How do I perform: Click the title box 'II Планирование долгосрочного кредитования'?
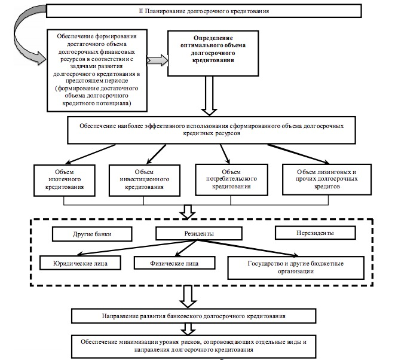[204, 11]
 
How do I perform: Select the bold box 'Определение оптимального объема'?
[213, 53]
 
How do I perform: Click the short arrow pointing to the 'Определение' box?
[157, 60]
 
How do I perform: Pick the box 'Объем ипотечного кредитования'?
[65, 180]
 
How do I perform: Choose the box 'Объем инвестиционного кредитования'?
[145, 180]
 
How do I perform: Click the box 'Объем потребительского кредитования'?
[231, 179]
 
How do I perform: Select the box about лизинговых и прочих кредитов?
[327, 179]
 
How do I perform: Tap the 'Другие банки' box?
[92, 234]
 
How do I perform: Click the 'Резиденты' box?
[199, 233]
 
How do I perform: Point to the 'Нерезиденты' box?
[315, 233]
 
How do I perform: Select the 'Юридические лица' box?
[80, 263]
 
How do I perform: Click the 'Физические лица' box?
[174, 263]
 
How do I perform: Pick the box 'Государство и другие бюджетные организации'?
[296, 268]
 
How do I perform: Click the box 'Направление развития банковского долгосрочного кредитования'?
[194, 316]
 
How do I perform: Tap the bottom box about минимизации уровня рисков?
[194, 346]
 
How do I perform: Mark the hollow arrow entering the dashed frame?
[188, 212]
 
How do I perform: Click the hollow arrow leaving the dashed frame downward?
[188, 297]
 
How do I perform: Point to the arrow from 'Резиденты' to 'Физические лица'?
[186, 248]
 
